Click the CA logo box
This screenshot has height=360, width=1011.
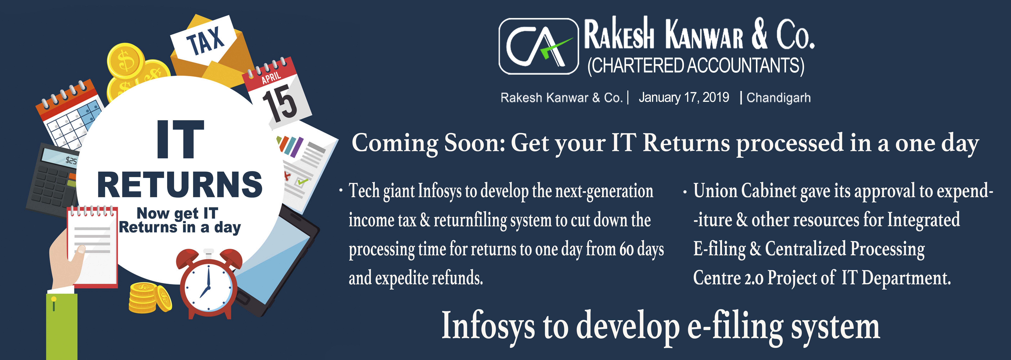[x=538, y=46]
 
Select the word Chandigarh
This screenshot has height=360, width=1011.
[x=779, y=97]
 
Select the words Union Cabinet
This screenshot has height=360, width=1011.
[x=745, y=191]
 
